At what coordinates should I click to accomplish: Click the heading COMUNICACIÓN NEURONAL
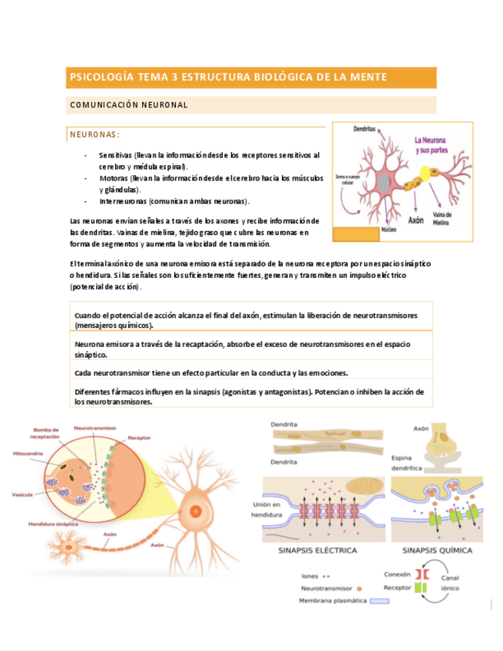coord(128,104)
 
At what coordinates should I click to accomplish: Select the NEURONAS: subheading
coord(94,134)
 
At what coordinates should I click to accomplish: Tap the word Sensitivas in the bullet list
coord(117,154)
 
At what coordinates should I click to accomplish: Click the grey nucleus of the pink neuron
coord(382,182)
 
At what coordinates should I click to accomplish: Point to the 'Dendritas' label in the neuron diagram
coord(364,130)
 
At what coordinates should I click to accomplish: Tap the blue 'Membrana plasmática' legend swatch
coord(379,601)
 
